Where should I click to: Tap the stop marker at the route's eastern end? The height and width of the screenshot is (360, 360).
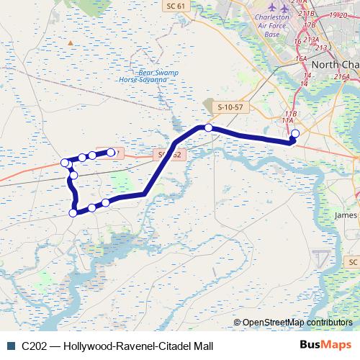[294, 133]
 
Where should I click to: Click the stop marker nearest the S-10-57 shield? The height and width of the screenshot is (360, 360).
[208, 127]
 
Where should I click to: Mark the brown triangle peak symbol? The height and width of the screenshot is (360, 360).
[71, 42]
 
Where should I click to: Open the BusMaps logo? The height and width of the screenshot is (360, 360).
[327, 344]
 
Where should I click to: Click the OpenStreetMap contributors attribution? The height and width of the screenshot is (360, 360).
[297, 323]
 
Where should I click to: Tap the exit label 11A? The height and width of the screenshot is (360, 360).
[288, 121]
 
